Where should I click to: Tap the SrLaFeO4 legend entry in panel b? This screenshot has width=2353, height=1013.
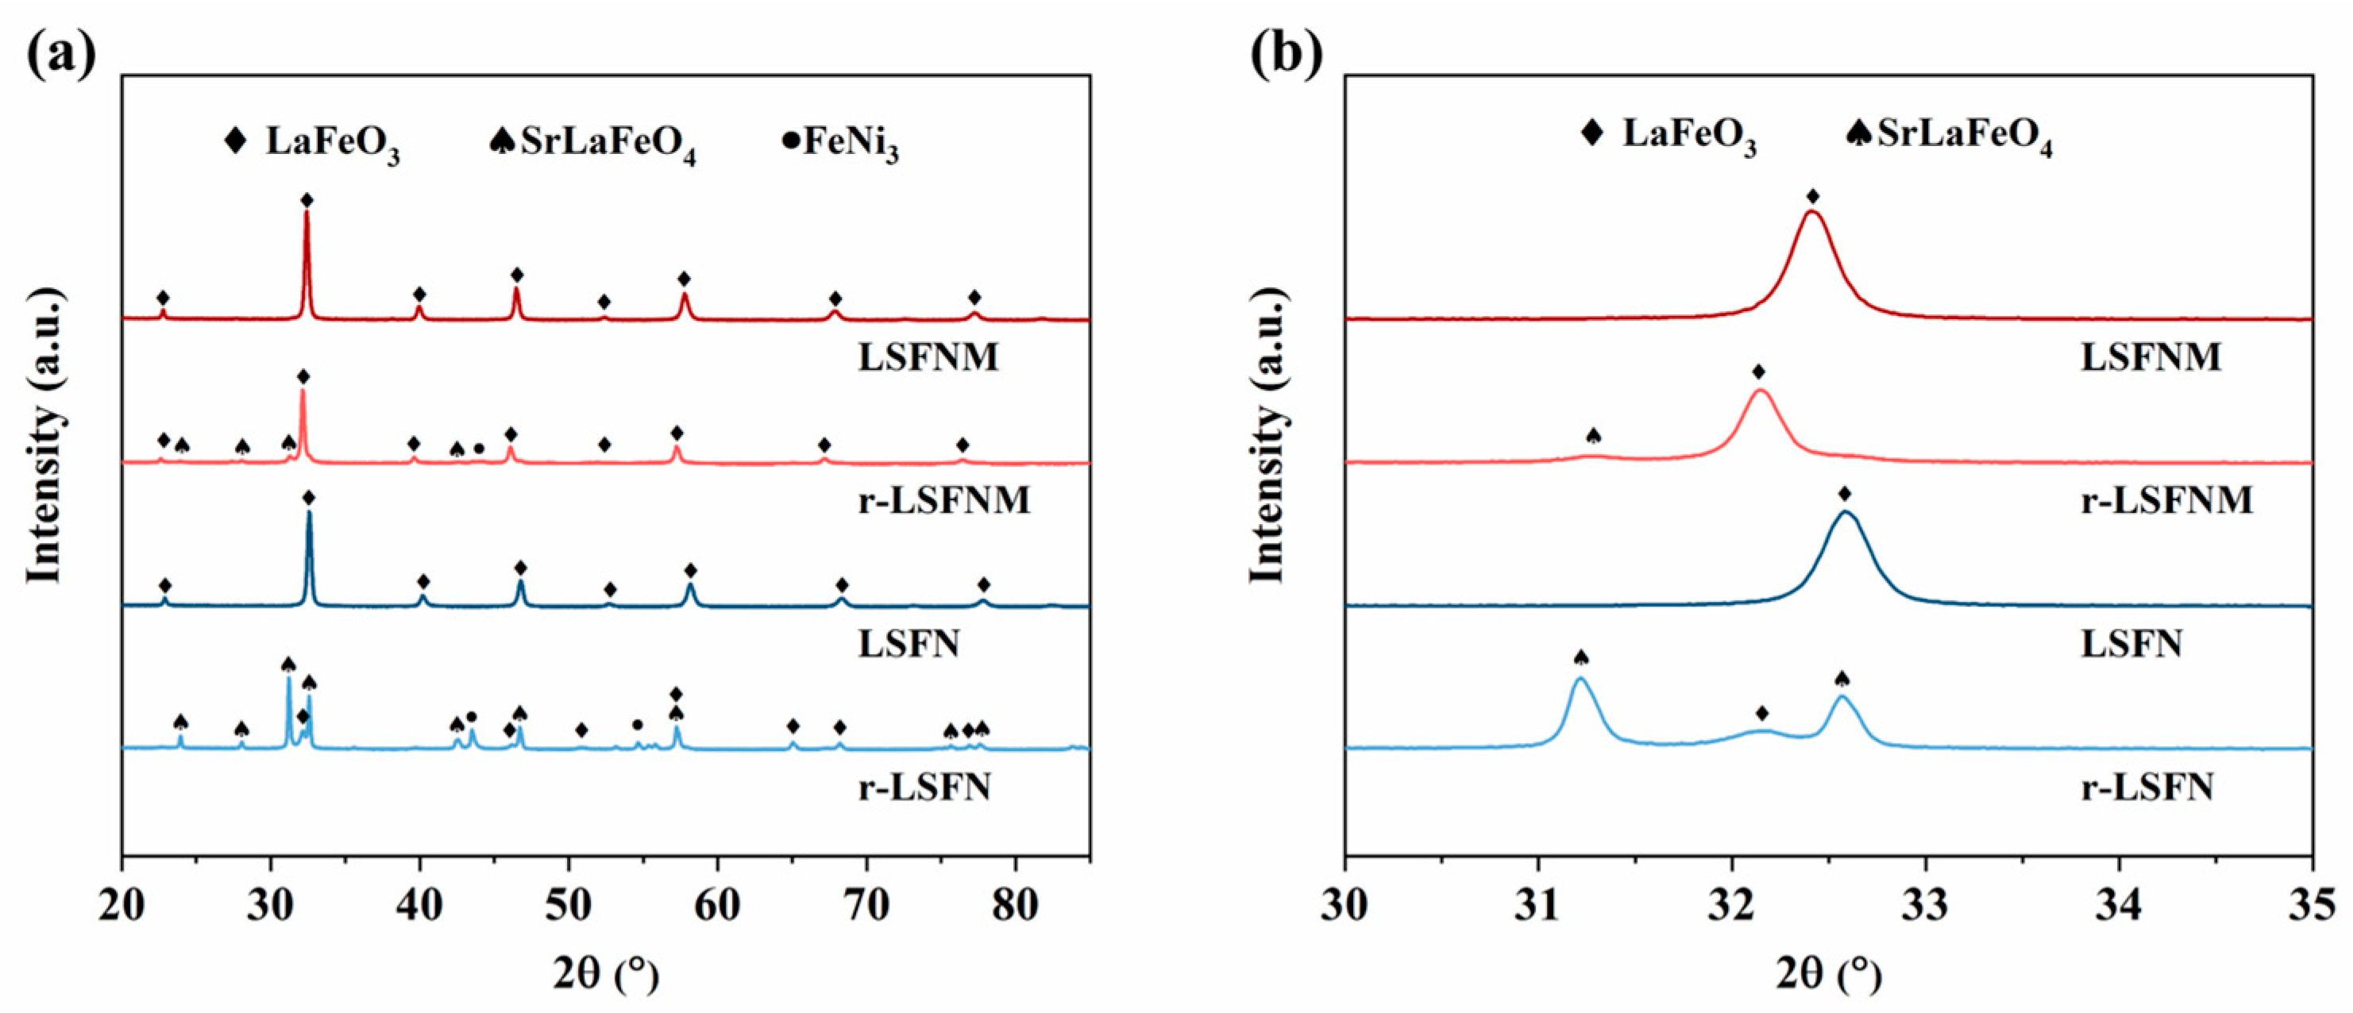tap(1950, 137)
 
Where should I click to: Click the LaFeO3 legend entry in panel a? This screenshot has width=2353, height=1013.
tap(314, 144)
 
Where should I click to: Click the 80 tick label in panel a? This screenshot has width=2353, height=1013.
tap(1015, 905)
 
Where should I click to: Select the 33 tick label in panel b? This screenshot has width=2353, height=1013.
tap(1926, 905)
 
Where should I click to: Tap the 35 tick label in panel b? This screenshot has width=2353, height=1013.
tap(2312, 905)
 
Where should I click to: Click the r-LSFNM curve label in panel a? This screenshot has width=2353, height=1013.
tap(943, 499)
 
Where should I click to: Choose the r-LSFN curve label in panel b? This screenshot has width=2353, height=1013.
tap(2147, 787)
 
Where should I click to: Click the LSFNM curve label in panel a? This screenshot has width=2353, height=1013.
tap(928, 356)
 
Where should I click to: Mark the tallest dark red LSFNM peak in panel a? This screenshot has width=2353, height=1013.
tap(307, 212)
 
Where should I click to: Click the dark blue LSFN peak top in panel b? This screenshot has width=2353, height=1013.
tap(1844, 512)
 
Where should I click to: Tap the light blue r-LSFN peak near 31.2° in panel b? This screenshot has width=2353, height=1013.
tap(1581, 679)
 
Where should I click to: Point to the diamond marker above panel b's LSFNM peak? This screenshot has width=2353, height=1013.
tap(1813, 196)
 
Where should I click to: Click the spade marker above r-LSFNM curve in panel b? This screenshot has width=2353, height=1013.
tap(1594, 436)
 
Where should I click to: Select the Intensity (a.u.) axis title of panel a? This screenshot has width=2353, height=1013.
tap(44, 435)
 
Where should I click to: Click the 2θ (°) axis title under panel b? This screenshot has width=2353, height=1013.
tap(1829, 976)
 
